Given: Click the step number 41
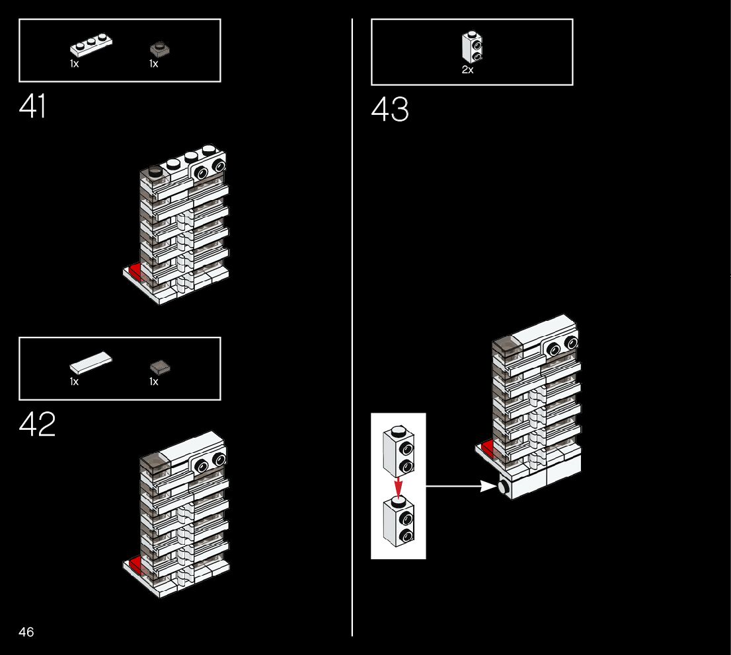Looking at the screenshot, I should [33, 107].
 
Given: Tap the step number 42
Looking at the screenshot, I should [37, 425].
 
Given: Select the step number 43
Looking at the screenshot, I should [390, 110].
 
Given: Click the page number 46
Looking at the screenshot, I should [26, 633].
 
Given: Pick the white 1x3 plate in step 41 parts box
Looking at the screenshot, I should [91, 47].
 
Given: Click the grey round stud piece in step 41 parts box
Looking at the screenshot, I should [158, 48].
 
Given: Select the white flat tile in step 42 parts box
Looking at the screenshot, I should [91, 362].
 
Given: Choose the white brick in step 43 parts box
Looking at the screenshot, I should [471, 47].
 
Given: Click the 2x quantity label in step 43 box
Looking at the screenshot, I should [467, 70].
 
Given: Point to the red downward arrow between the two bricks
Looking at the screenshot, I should [398, 487].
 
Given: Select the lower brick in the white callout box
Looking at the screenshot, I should [398, 522].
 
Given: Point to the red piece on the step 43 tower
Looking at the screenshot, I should [488, 449].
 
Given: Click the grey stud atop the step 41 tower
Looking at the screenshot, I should [155, 171].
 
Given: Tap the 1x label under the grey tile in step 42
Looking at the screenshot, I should [153, 382].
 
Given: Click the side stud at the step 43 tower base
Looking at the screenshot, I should [503, 488].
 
